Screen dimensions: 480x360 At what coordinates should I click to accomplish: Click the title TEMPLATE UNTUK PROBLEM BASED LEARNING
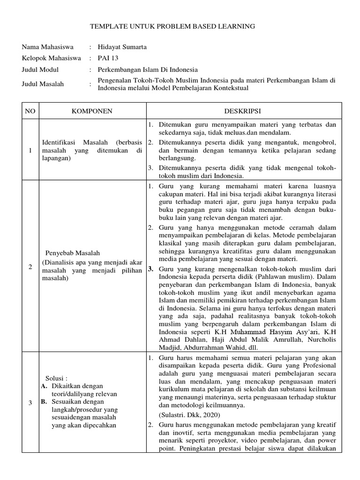(x=172, y=27)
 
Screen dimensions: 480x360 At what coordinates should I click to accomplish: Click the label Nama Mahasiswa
(x=45, y=47)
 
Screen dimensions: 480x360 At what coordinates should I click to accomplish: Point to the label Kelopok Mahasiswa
(x=48, y=59)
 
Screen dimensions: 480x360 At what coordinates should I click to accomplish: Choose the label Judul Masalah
(x=43, y=84)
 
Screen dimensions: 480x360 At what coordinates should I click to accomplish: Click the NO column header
(x=30, y=111)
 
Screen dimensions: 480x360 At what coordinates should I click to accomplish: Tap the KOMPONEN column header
(x=91, y=111)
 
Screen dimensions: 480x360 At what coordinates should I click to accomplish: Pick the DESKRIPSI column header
(x=245, y=111)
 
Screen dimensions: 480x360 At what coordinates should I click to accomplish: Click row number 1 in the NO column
(x=30, y=150)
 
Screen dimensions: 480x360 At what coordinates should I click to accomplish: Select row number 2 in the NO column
(x=30, y=267)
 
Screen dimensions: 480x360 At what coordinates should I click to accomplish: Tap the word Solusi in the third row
(x=56, y=378)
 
